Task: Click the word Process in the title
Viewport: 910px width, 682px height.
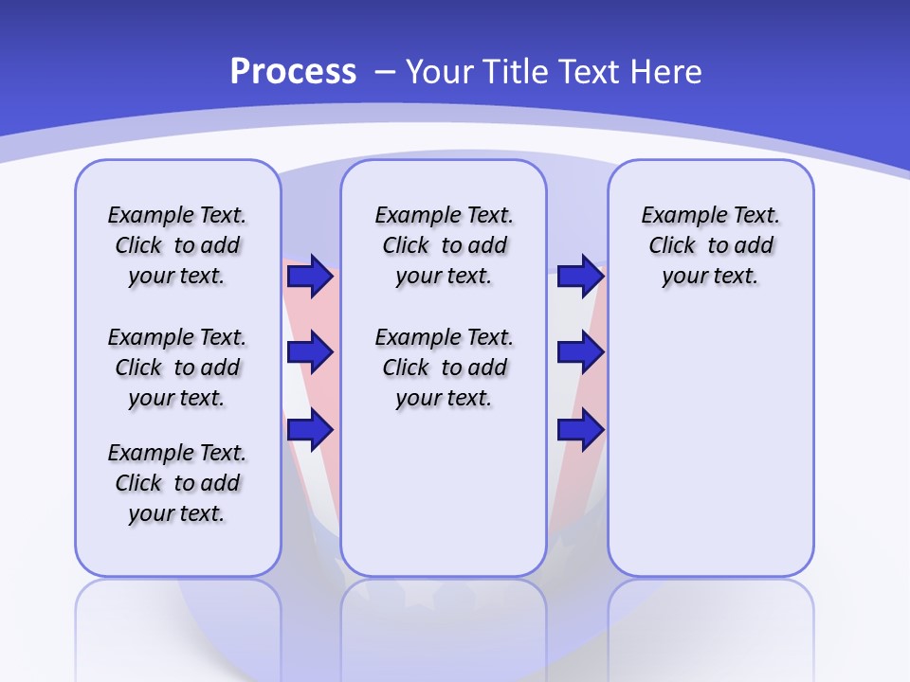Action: [293, 72]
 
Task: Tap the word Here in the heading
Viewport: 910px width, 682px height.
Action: [667, 72]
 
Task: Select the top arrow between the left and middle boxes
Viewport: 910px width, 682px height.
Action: [310, 277]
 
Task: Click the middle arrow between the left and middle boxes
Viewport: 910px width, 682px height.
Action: [310, 352]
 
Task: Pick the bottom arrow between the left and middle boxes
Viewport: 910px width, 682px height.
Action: [310, 429]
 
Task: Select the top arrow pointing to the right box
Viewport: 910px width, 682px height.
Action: [580, 277]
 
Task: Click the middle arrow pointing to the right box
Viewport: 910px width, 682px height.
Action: [580, 352]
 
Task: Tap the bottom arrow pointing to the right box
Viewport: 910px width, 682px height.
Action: [580, 429]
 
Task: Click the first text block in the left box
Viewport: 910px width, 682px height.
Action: [177, 245]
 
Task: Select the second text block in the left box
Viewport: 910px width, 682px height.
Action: [177, 368]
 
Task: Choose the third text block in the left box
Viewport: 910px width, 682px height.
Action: [177, 483]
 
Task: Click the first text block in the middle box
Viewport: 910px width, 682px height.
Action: [444, 245]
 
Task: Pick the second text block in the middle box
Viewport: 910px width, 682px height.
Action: [444, 368]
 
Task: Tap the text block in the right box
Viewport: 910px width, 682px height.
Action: [711, 245]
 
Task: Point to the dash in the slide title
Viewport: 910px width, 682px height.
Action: [385, 72]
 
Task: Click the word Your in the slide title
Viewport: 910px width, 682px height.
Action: [441, 72]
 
